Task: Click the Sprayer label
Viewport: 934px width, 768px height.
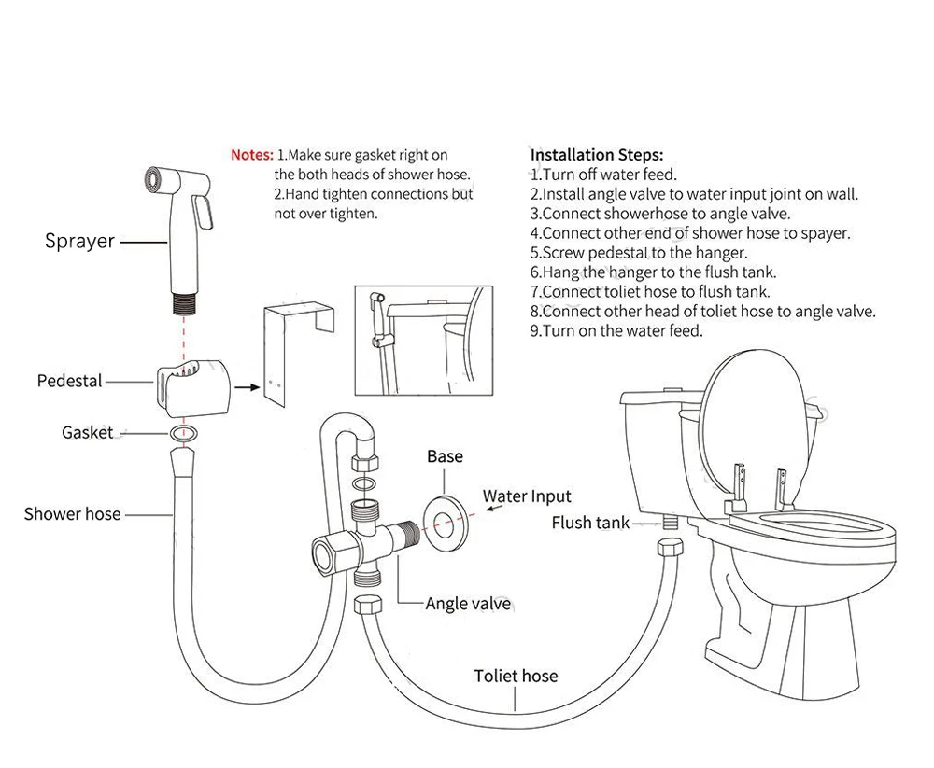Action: [79, 242]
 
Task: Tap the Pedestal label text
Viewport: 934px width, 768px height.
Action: [70, 381]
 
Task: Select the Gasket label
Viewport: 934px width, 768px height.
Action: [87, 432]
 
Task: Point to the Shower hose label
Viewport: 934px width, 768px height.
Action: [72, 513]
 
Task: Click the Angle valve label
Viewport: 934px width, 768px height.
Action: [468, 604]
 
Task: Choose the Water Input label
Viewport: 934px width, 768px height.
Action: [527, 496]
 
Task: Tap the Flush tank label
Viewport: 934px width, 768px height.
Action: [590, 523]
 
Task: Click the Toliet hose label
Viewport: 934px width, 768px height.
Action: [516, 676]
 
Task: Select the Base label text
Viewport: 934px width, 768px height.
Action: [445, 456]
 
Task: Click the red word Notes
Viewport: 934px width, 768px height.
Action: [252, 155]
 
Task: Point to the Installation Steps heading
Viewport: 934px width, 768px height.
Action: [597, 155]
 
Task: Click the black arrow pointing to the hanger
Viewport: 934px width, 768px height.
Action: [245, 383]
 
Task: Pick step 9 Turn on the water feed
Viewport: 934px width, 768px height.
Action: [616, 330]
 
